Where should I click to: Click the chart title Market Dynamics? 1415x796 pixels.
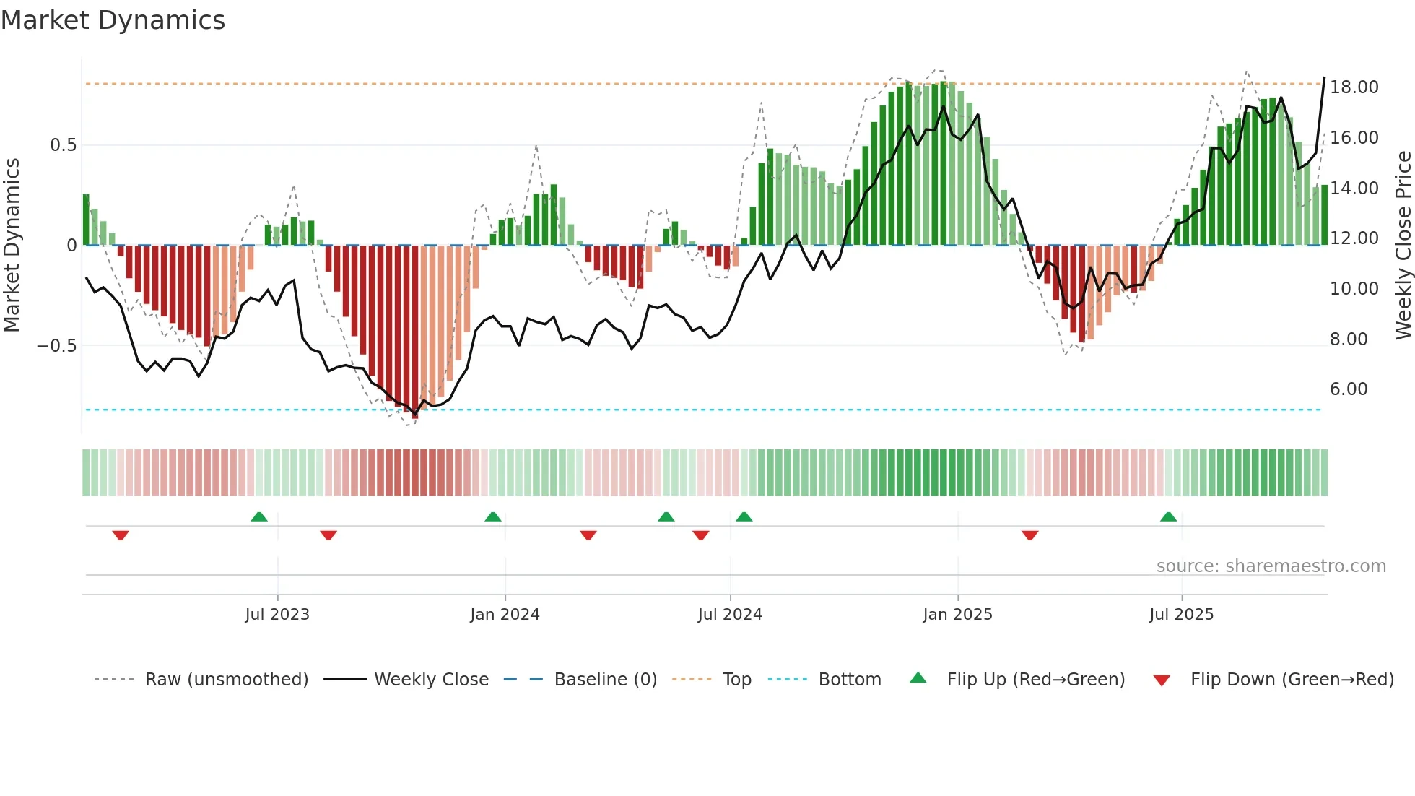coord(113,20)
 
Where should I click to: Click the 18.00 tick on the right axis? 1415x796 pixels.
coord(1354,87)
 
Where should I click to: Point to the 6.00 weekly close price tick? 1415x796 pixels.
coord(1348,389)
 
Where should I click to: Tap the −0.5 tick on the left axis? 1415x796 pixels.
coord(57,346)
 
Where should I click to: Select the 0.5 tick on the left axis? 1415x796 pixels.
coord(63,145)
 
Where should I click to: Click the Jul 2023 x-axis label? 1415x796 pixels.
coord(277,615)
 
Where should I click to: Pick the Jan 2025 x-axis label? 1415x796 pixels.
coord(957,615)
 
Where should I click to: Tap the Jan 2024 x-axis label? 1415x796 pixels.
coord(505,615)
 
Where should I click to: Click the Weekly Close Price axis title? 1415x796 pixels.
coord(1403,245)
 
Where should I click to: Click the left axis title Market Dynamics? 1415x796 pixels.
coord(12,245)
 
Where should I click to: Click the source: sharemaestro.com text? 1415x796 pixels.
coord(1271,566)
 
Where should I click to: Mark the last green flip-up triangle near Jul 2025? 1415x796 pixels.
coord(1168,516)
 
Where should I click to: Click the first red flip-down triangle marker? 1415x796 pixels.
coord(121,535)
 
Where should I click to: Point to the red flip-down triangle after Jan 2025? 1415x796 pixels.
coord(1029,535)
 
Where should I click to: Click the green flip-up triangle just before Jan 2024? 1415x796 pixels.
coord(492,516)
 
